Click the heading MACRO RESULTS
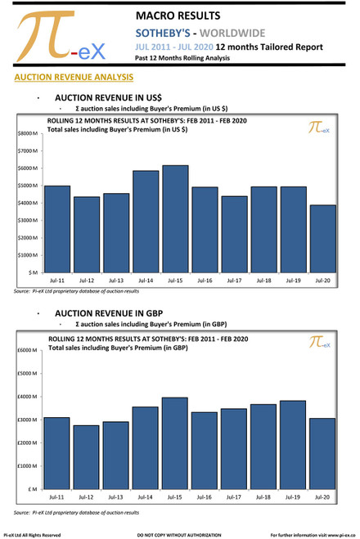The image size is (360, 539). click(x=177, y=15)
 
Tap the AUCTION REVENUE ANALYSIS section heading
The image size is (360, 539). click(x=74, y=77)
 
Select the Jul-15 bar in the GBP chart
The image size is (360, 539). click(x=175, y=442)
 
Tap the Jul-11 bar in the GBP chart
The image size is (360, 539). click(x=57, y=452)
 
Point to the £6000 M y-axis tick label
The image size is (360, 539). click(x=29, y=351)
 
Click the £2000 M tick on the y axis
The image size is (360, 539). click(x=29, y=442)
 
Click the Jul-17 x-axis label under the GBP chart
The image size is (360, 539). click(x=233, y=496)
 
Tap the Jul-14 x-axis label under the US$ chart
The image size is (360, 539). click(x=146, y=281)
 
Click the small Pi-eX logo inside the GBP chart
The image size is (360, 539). click(x=319, y=343)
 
